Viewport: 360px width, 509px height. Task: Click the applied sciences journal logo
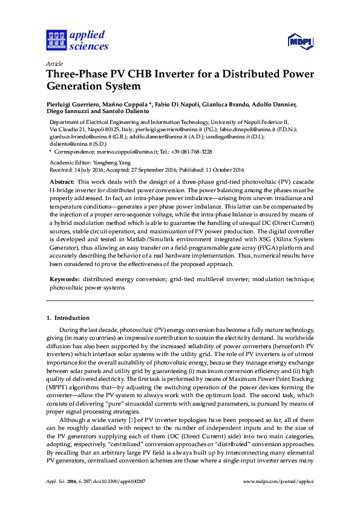[x=77, y=41]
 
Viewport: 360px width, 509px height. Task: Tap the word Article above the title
[x=54, y=63]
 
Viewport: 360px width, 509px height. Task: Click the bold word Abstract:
[x=62, y=181]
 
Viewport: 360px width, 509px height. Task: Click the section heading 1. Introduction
[x=68, y=318]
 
